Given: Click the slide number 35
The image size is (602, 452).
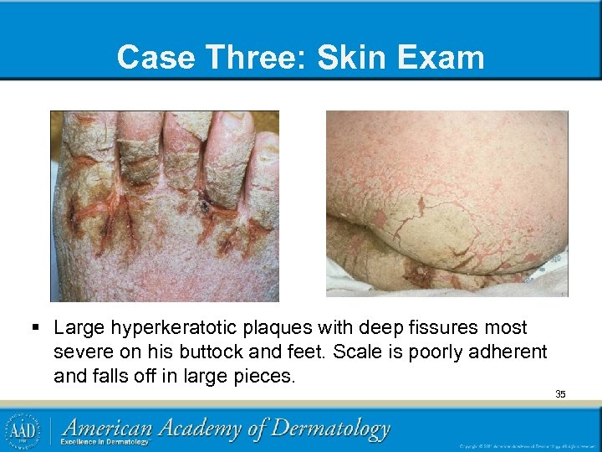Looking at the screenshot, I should pos(560,393).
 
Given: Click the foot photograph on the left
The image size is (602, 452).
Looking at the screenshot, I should pos(164,206).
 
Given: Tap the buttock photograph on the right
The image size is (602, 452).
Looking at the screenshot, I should pos(446,203).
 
